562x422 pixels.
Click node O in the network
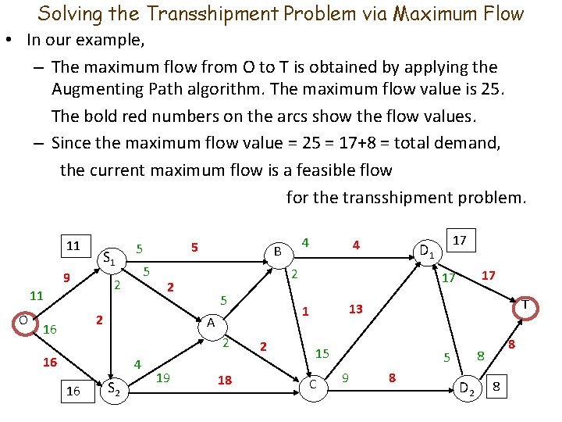[x=23, y=320]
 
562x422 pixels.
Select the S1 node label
[x=110, y=259]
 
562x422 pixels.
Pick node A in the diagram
[x=211, y=323]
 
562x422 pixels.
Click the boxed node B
[x=277, y=252]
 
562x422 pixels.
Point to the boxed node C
[x=312, y=384]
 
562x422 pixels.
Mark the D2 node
[x=468, y=387]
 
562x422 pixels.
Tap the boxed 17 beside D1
[x=460, y=241]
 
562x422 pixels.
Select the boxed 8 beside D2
[x=499, y=387]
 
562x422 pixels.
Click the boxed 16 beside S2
[x=73, y=391]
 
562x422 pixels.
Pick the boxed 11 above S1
[x=73, y=245]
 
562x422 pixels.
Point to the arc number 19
[x=164, y=378]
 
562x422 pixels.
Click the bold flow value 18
[x=225, y=381]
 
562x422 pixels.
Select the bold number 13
[x=355, y=309]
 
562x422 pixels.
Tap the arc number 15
[x=322, y=354]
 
